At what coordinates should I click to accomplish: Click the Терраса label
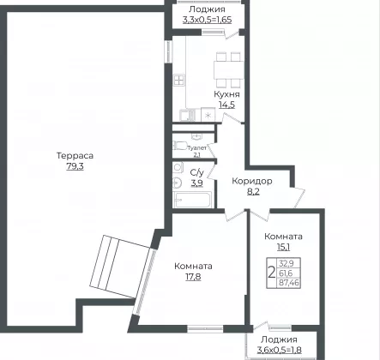75,156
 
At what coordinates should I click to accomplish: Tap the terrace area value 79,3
75,166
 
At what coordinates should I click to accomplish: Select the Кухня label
226,94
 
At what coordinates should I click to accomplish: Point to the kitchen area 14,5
226,105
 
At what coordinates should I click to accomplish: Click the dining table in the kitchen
229,70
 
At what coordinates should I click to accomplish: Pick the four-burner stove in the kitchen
179,81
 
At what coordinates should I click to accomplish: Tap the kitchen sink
187,115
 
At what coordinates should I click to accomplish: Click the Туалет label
196,148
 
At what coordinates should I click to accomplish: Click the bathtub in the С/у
192,200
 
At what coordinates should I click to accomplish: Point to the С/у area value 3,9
196,183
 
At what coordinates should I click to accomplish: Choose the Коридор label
252,181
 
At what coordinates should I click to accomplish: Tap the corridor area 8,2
253,191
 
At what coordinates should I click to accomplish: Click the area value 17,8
193,277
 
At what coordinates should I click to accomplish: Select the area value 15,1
283,247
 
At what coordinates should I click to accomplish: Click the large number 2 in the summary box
272,273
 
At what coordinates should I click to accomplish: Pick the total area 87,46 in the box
289,283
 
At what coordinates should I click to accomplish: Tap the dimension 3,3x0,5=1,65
207,20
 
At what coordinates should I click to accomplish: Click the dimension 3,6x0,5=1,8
279,350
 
